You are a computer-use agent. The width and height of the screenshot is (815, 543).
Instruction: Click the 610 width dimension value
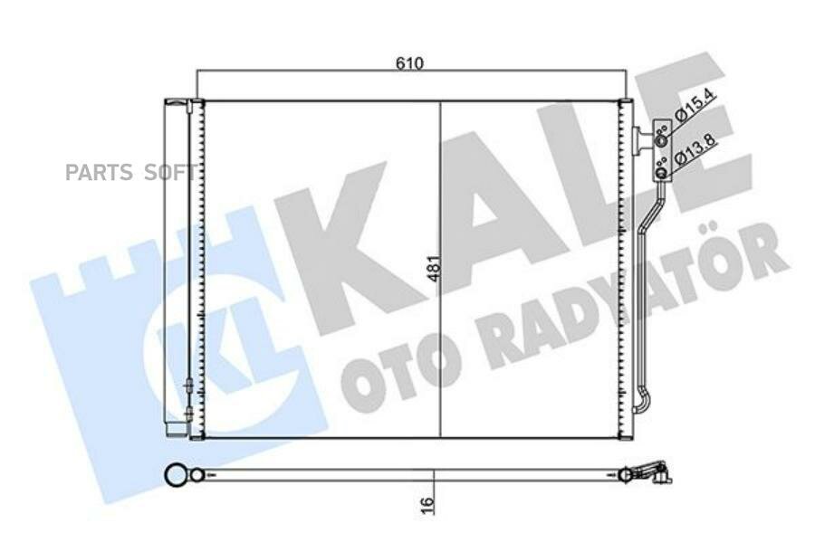(x=409, y=63)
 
